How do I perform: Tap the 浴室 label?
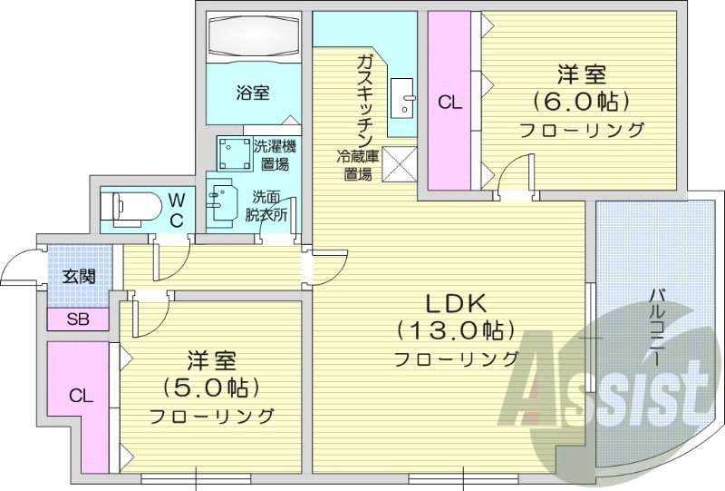pyautogui.click(x=253, y=92)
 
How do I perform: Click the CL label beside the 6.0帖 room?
pyautogui.click(x=450, y=103)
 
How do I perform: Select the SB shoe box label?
pyautogui.click(x=77, y=319)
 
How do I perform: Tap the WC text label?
pyautogui.click(x=178, y=208)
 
